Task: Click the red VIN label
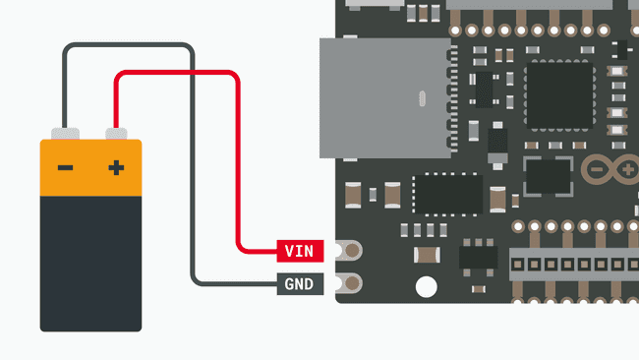299,251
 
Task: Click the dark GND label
299,285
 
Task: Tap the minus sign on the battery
65,168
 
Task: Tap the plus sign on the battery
116,168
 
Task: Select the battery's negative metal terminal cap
65,133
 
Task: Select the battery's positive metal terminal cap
116,133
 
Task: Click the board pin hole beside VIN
347,251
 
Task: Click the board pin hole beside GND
347,284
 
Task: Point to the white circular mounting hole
426,287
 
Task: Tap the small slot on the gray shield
421,98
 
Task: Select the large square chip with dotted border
559,95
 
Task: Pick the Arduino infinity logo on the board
611,170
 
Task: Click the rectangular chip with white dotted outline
446,194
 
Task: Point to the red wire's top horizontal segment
177,74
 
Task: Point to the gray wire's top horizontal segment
128,45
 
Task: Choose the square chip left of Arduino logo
548,177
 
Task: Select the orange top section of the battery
90,167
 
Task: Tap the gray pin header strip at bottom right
574,264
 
